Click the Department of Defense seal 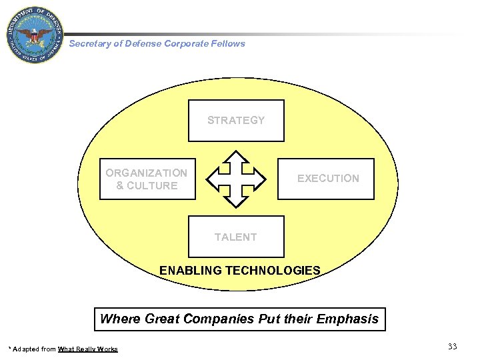click(x=35, y=35)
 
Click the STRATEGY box click(x=236, y=121)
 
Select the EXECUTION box click(x=327, y=179)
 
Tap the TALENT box click(x=236, y=237)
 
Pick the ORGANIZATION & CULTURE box click(x=147, y=179)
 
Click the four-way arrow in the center click(x=236, y=179)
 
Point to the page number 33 click(x=452, y=346)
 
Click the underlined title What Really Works click(x=87, y=349)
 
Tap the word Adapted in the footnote click(x=25, y=349)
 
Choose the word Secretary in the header click(x=89, y=43)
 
